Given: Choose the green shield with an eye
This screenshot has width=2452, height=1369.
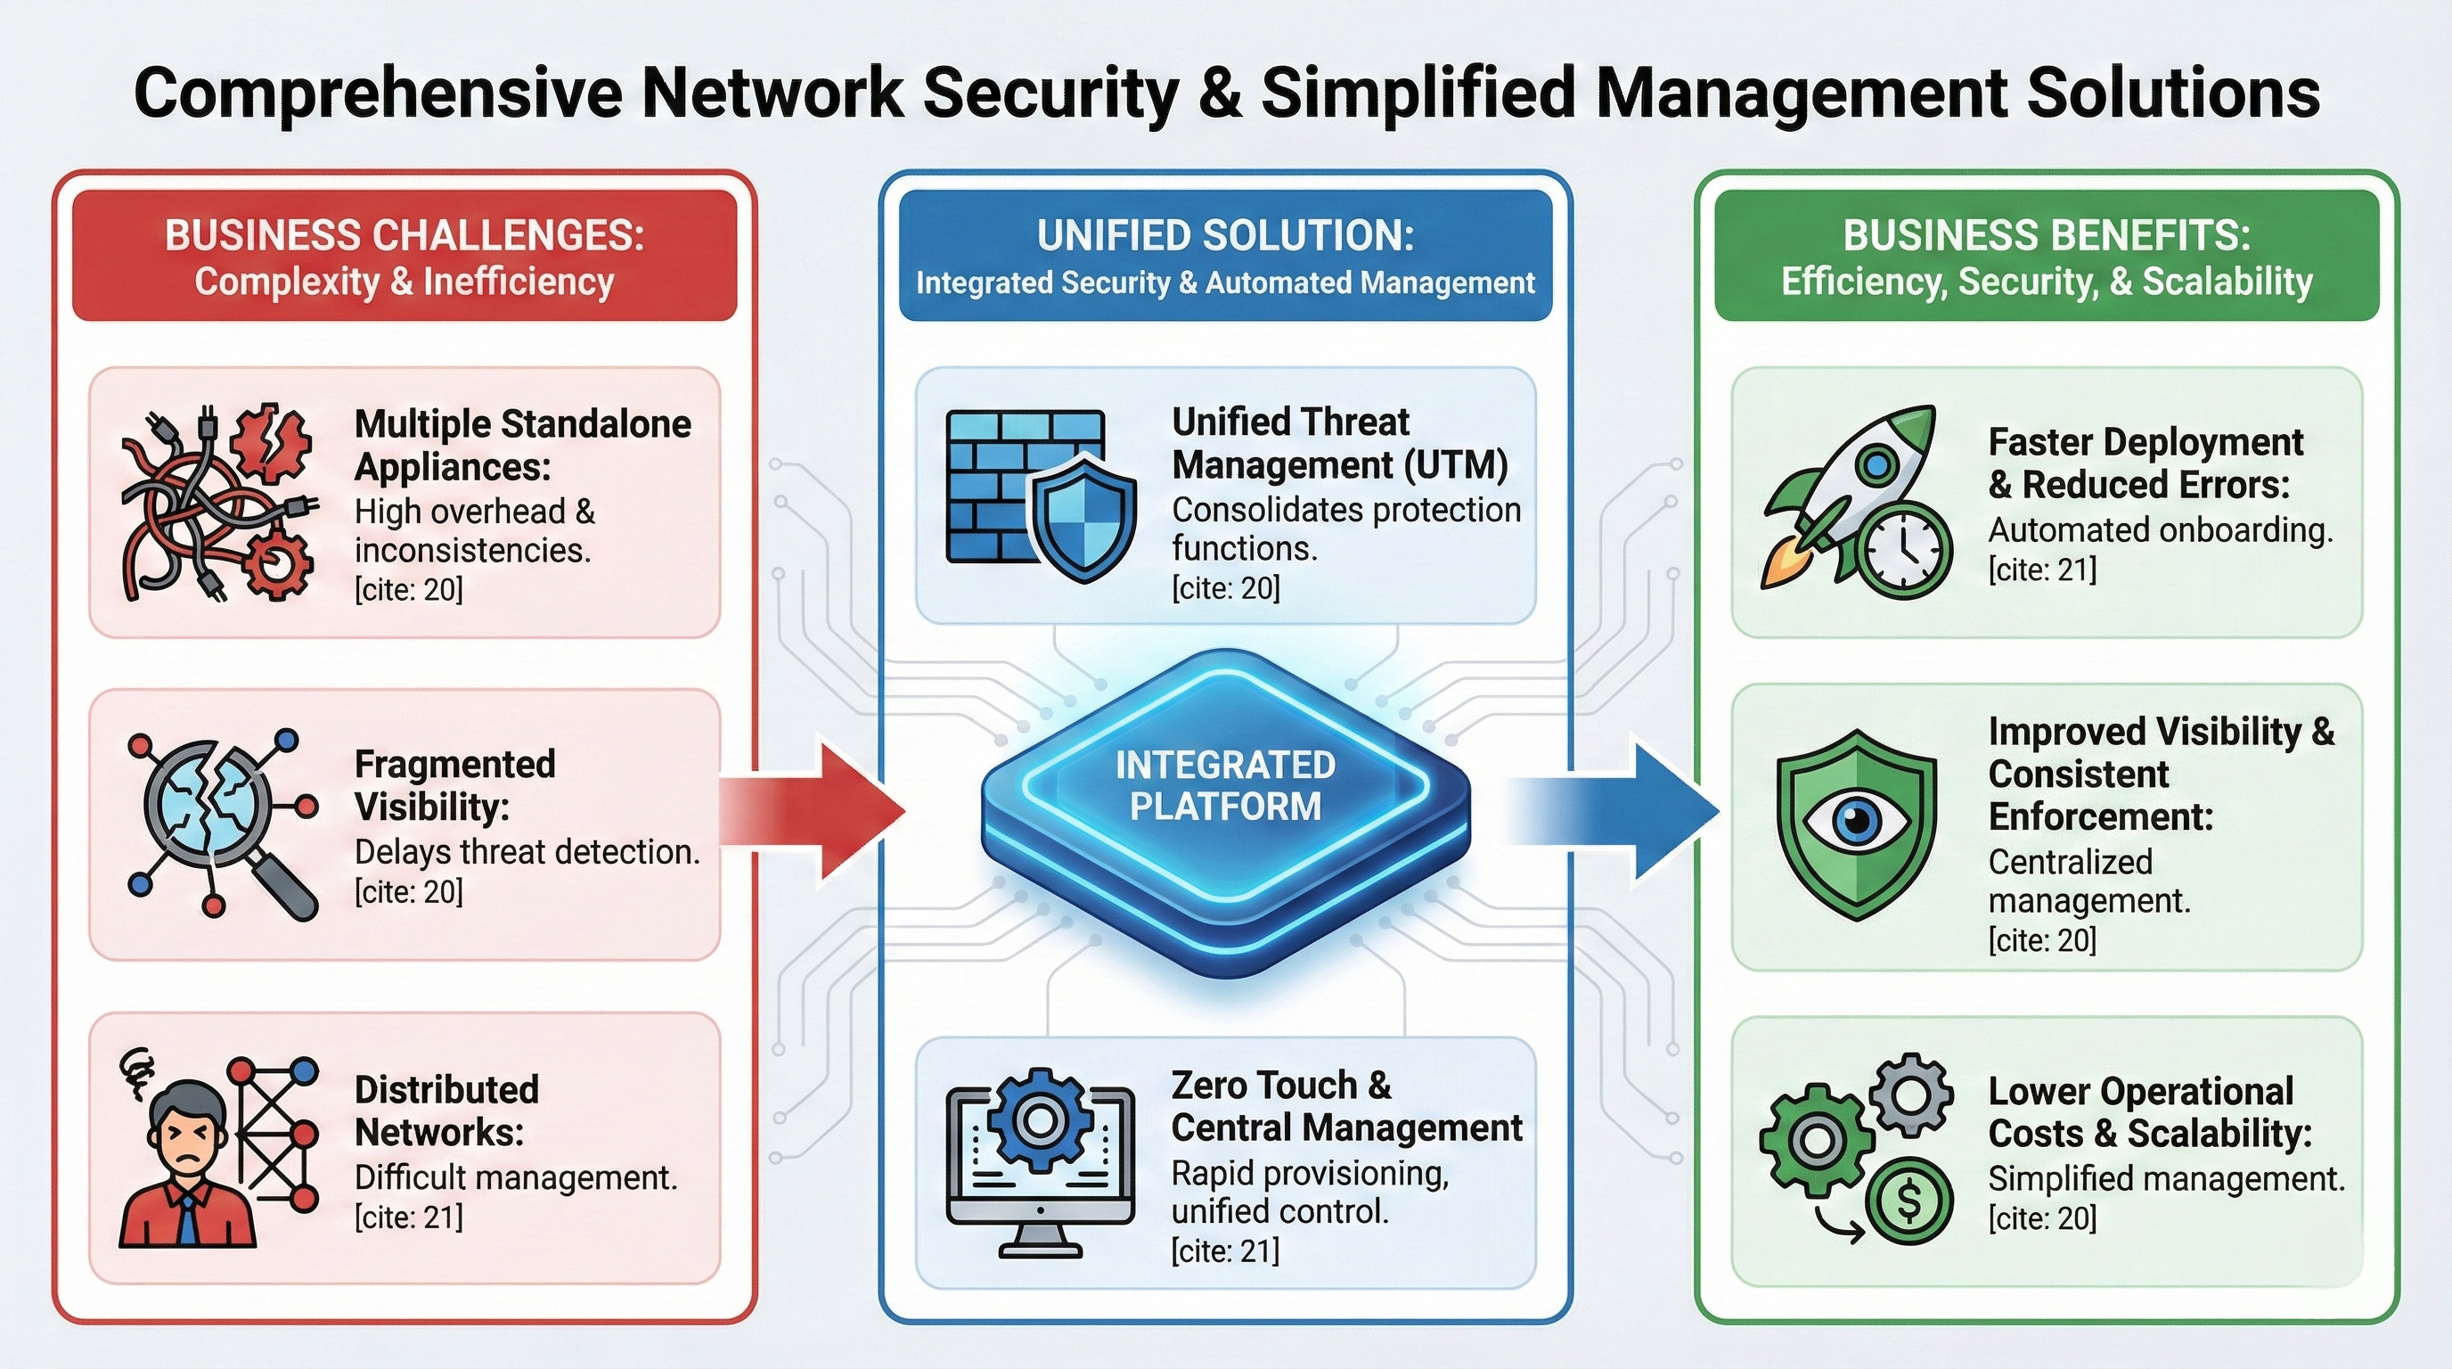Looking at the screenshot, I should pyautogui.click(x=1856, y=824).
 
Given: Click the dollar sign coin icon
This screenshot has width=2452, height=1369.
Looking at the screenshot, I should pyautogui.click(x=1908, y=1200).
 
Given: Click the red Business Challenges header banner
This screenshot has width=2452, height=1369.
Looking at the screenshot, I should pyautogui.click(x=405, y=256).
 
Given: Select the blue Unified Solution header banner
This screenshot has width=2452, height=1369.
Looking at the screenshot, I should pyautogui.click(x=1225, y=256).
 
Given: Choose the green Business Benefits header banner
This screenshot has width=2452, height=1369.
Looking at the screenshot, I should pyautogui.click(x=2047, y=256).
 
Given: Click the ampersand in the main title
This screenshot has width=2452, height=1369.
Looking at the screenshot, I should pyautogui.click(x=1221, y=93).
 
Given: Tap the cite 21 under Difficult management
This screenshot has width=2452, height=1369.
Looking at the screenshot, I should pyautogui.click(x=408, y=1217).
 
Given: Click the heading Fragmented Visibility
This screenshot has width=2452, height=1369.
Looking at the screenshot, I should pyautogui.click(x=455, y=784).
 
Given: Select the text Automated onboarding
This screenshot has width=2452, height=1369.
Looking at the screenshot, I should pyautogui.click(x=2161, y=529).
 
